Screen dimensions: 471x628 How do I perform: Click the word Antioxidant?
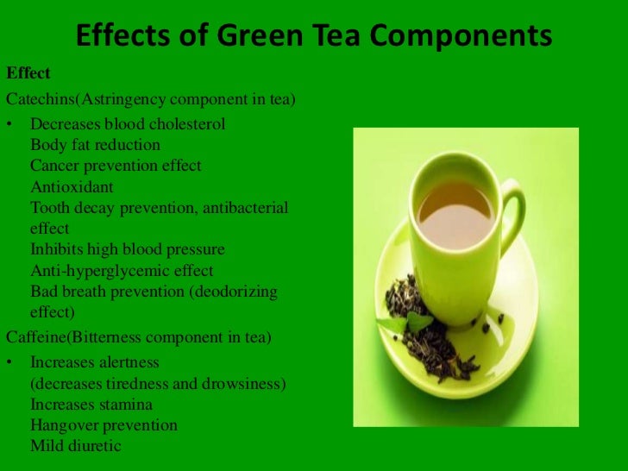coord(72,186)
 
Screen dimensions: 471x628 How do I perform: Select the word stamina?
coord(125,404)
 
